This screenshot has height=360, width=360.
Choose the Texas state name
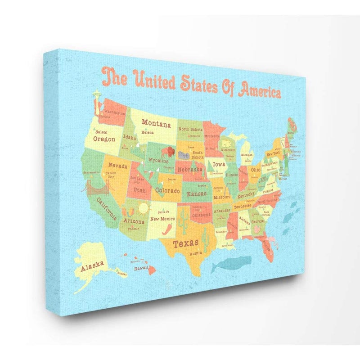click(186, 243)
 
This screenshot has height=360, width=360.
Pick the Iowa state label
click(219, 164)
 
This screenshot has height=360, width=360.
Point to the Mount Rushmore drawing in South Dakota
click(183, 154)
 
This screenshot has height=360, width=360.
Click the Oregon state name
click(104, 139)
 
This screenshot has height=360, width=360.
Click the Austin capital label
click(195, 253)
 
